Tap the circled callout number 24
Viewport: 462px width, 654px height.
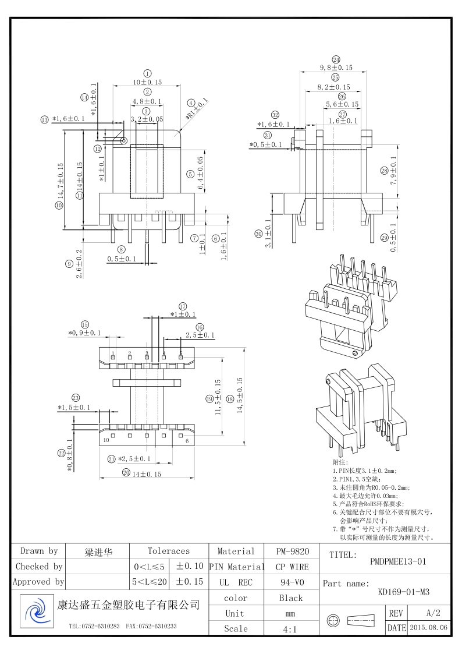(x=336, y=60)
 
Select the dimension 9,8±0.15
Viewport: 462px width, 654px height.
(x=336, y=68)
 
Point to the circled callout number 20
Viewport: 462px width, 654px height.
(x=126, y=473)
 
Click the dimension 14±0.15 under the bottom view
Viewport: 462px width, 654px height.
(x=145, y=474)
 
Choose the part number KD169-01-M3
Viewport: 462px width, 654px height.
(x=403, y=592)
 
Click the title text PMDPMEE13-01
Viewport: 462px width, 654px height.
(x=399, y=562)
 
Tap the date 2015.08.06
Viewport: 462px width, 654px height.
(x=429, y=628)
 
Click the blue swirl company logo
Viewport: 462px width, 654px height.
(x=36, y=613)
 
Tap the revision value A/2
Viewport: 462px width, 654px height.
(x=433, y=613)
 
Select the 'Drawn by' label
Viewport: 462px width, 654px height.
(x=39, y=551)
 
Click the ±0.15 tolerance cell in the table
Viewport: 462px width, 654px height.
(x=189, y=582)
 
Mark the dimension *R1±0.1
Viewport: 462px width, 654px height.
(x=196, y=109)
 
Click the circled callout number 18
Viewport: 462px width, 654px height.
(x=230, y=399)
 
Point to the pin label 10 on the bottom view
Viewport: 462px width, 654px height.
(x=106, y=441)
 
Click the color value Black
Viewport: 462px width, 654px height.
(x=291, y=598)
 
